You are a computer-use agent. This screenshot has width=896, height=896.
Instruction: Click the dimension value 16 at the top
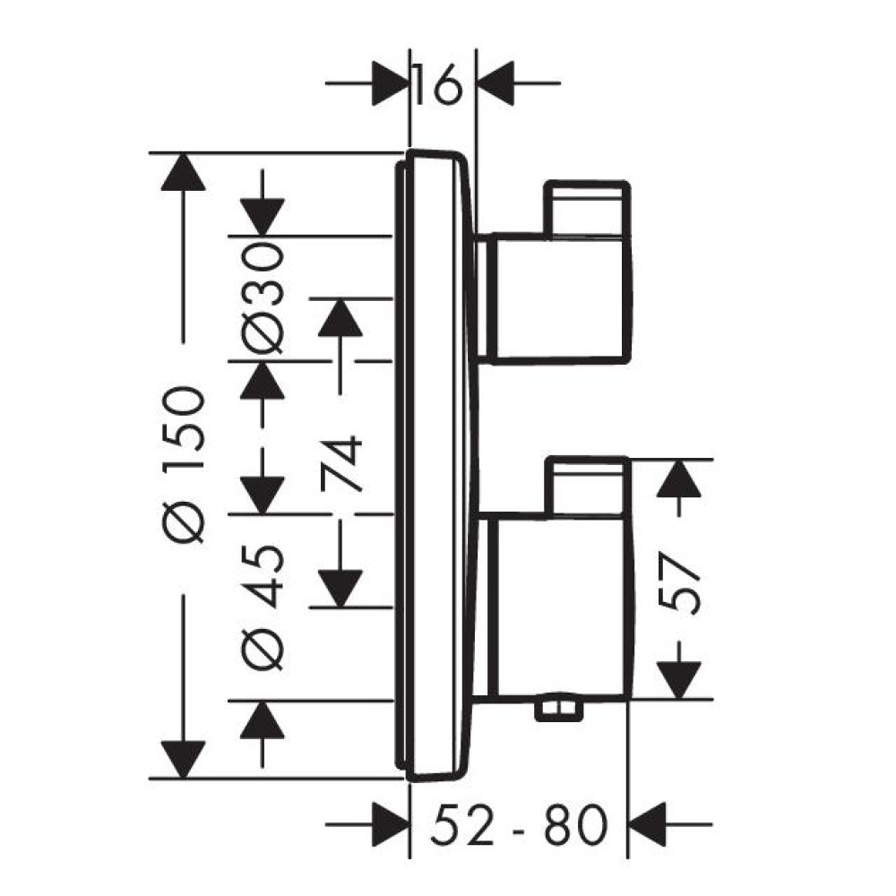[x=436, y=84]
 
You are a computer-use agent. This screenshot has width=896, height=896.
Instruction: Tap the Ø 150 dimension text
[x=184, y=465]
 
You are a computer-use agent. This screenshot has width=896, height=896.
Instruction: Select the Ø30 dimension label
[x=263, y=297]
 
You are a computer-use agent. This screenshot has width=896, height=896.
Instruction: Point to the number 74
[x=341, y=463]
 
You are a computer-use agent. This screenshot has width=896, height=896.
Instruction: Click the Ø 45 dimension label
[x=263, y=607]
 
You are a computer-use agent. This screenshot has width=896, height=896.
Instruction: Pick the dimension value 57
[x=679, y=583]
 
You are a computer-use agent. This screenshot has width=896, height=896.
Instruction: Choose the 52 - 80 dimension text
[x=518, y=825]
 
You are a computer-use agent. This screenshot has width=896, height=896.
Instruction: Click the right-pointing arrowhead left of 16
[x=390, y=83]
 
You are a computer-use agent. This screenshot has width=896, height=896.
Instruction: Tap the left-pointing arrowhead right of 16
[x=495, y=83]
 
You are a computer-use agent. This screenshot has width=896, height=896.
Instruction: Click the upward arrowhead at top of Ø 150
[x=183, y=172]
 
